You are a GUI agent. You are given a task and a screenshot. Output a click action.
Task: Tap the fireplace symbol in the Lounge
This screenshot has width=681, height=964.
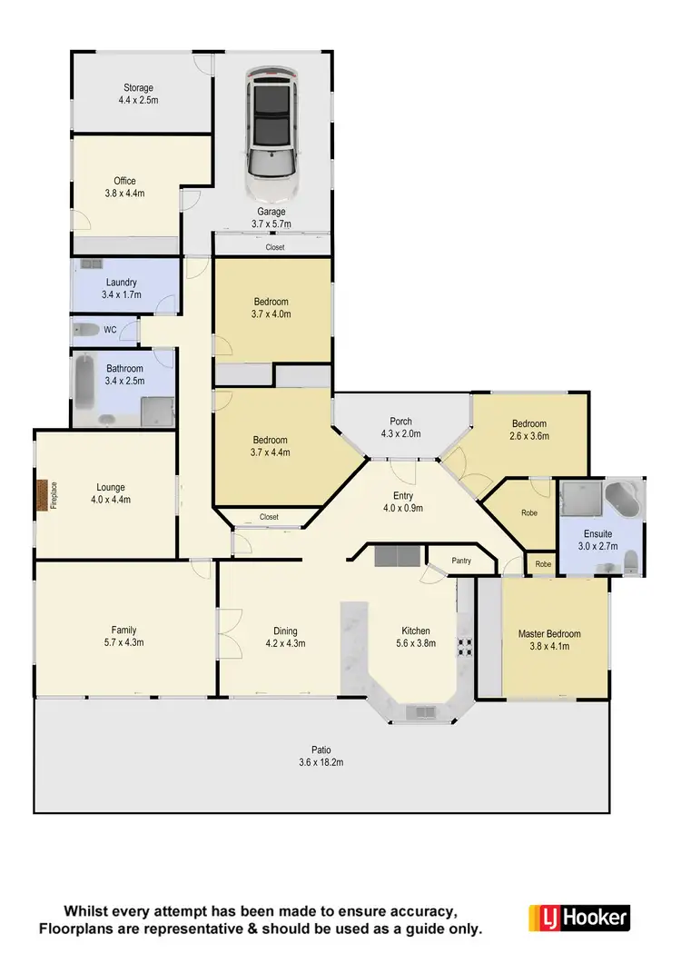pos(42,496)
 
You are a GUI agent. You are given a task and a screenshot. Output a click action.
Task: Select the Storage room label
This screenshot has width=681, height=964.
pos(138,88)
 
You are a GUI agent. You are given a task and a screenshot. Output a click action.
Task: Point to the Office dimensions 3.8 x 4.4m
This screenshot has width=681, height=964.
pos(124,194)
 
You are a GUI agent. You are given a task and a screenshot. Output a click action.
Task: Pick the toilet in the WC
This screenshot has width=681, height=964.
pos(87,329)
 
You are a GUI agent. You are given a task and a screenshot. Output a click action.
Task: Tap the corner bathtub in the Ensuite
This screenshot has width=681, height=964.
pos(623,499)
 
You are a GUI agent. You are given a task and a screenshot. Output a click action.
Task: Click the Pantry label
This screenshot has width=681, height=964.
pos(461,562)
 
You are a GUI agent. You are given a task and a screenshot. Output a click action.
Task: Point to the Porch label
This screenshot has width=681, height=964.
pos(400,422)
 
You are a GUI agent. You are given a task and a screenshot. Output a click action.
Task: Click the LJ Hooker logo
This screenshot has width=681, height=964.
pos(578,917)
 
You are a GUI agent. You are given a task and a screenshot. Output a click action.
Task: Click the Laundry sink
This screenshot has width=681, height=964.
pos(91,264)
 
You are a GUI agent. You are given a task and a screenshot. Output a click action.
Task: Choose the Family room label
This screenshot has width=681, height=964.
pos(124,630)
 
